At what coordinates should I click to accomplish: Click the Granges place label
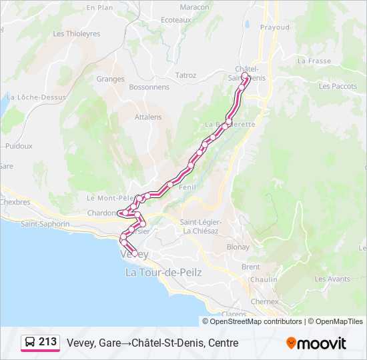pos(110,79)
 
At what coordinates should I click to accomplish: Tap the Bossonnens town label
pos(149,87)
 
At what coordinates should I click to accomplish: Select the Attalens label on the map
pos(148,117)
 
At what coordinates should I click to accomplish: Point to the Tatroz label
pos(186,76)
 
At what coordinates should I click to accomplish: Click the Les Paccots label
pos(338,86)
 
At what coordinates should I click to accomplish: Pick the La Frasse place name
pos(314,61)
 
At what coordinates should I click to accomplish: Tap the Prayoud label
pos(275,27)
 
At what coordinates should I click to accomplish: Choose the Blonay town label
pos(238,247)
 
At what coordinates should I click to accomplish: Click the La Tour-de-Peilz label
pos(163,273)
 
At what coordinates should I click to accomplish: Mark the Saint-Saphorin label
pos(45,224)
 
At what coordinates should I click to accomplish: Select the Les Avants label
pos(332,279)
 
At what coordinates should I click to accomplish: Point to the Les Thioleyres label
pos(76,33)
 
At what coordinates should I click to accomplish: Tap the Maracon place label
pos(175,7)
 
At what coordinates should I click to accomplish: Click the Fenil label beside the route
pos(187,188)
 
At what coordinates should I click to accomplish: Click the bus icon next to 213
pos(30,343)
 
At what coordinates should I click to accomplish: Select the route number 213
pos(48,342)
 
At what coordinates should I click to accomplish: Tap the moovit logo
pos(316,343)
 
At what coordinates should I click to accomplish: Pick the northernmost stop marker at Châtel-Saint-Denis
pos(245,77)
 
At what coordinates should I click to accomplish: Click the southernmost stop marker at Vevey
pos(135,253)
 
